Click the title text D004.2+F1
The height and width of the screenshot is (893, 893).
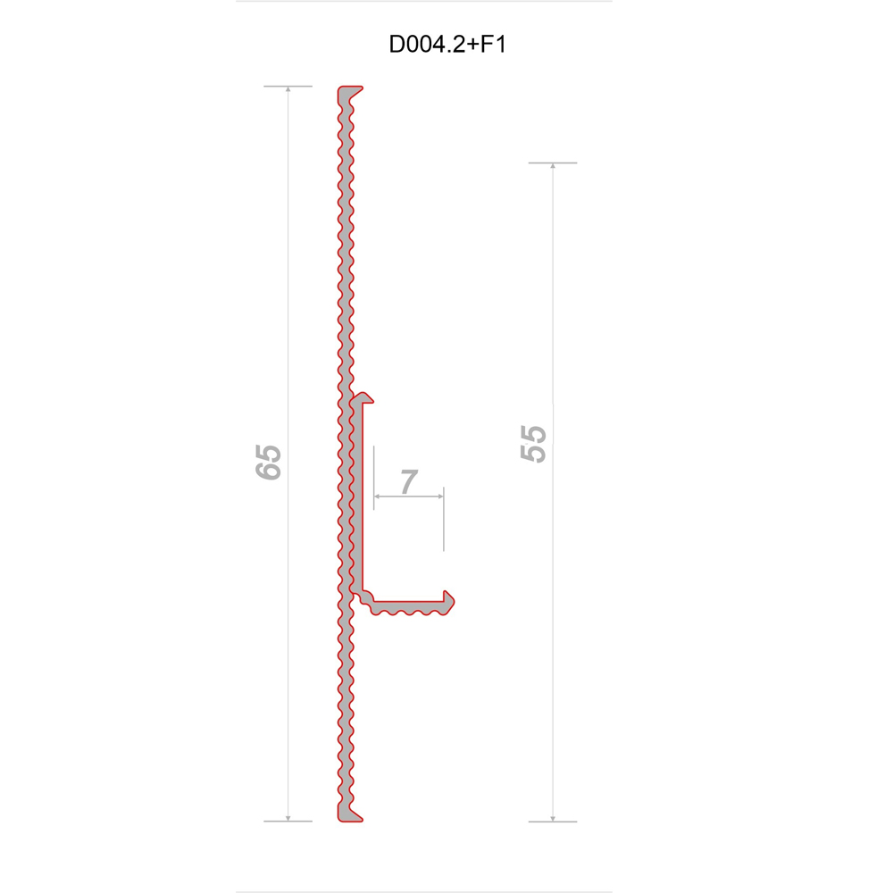(x=447, y=45)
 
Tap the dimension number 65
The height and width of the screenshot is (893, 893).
(x=268, y=462)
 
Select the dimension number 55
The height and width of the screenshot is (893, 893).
(x=533, y=443)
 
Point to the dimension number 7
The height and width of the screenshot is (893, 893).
(x=409, y=482)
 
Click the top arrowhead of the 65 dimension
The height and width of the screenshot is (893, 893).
(x=288, y=89)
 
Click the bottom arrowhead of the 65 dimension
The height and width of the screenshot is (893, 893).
(x=288, y=818)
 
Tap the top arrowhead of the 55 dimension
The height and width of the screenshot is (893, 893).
(x=553, y=166)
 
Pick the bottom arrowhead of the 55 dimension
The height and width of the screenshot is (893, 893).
(x=553, y=818)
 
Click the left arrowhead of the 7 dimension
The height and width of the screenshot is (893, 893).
(x=377, y=497)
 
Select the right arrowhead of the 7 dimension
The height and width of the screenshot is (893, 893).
(x=440, y=497)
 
